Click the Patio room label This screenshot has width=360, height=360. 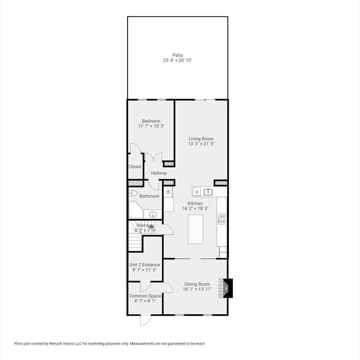point(178,55)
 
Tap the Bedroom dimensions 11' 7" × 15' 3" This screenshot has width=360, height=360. point(151,126)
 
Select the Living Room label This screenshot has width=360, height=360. point(201,139)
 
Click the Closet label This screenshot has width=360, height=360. point(135,167)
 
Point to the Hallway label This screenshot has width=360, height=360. point(159,173)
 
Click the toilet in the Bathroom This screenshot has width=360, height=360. point(133,193)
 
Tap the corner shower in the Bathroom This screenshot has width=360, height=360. point(136,210)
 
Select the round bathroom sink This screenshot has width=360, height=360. point(153,215)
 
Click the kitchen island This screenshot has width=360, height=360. point(195,229)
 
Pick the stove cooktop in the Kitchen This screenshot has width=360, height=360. point(222,219)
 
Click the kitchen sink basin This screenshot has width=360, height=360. point(208,192)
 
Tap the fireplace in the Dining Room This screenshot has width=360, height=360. point(226,288)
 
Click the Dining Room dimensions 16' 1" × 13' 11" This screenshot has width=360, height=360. point(197,289)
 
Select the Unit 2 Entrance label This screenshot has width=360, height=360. point(144,265)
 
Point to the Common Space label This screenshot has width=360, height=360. point(145,296)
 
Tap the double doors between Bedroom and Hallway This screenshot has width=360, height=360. point(154,157)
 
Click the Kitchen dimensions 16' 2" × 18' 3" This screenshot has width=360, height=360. point(195,209)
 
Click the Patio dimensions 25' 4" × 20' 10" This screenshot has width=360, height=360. point(178,60)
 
